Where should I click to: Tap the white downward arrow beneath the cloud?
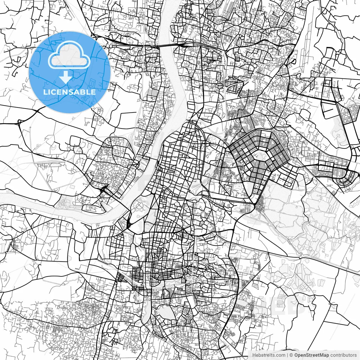tap(66, 77)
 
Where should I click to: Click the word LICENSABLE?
tap(69, 92)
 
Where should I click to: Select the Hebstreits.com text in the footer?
tap(269, 355)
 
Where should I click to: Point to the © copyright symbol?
tap(291, 355)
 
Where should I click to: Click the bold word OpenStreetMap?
tap(312, 355)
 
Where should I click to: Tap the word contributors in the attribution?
tap(343, 355)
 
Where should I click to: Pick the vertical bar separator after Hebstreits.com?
tap(287, 355)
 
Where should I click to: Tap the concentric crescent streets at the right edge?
tap(349, 177)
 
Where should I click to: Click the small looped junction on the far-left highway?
tap(20, 123)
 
